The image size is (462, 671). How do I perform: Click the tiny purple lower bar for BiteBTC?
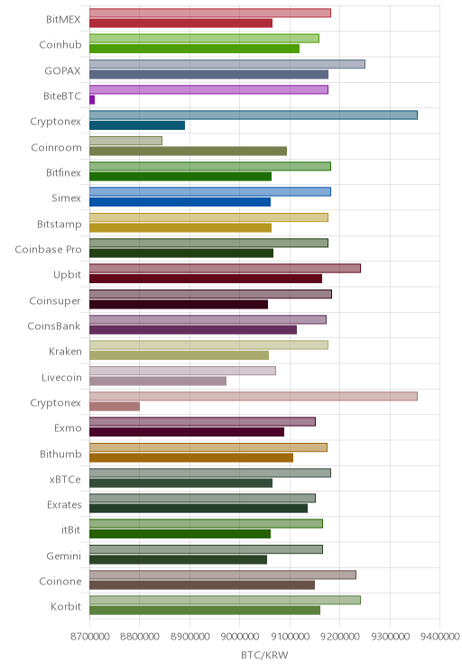tap(92, 100)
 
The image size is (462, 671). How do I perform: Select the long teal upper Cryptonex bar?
tap(254, 115)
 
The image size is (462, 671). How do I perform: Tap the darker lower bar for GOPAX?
tap(209, 75)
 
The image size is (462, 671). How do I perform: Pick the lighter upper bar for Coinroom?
tap(126, 141)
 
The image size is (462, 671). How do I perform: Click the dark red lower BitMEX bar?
tap(180, 23)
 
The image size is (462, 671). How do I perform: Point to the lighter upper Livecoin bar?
tap(182, 371)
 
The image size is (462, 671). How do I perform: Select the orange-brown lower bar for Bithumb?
tap(191, 457)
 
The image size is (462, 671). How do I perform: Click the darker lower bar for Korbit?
tap(205, 611)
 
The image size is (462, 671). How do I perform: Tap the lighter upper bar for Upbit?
tap(225, 269)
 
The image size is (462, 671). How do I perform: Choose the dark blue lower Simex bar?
tap(180, 202)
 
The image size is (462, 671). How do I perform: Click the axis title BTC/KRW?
tap(264, 655)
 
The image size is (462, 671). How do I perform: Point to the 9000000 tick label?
tap(240, 637)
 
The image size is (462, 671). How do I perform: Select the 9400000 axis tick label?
tap(439, 637)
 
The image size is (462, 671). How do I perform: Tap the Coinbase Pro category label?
tap(48, 249)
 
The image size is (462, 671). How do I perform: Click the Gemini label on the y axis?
tap(64, 556)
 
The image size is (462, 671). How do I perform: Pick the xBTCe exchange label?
tap(65, 479)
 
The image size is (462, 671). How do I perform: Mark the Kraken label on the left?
tap(65, 352)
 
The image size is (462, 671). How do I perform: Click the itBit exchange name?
tap(70, 529)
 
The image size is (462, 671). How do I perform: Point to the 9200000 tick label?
tap(340, 637)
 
